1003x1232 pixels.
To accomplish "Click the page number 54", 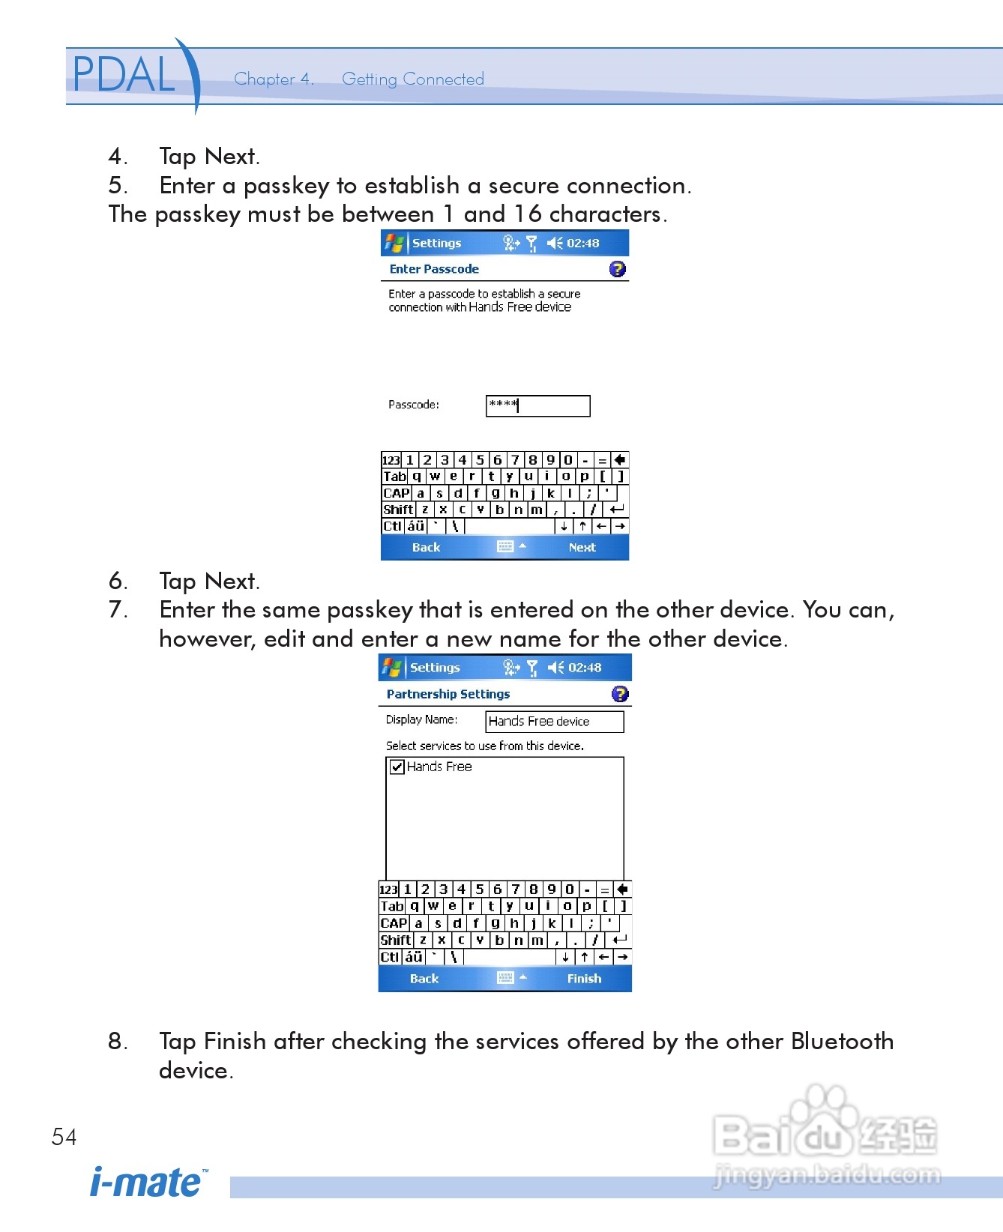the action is (64, 1137).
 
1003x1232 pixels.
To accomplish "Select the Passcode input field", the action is (537, 405).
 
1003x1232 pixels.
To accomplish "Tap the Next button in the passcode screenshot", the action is (582, 547).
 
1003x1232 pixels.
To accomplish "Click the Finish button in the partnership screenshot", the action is (584, 978).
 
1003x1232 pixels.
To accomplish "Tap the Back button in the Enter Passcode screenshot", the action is (426, 547).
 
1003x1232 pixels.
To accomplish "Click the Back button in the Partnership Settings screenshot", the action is (424, 978).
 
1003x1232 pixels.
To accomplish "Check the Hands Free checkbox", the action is (397, 767).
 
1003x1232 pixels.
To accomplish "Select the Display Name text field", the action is (555, 721).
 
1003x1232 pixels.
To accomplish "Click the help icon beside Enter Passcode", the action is (618, 269).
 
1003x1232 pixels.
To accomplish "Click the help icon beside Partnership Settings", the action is (620, 694).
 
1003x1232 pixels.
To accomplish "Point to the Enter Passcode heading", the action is (434, 269).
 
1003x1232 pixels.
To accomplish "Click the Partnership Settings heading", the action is (448, 694).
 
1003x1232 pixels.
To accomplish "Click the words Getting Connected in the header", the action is (413, 79).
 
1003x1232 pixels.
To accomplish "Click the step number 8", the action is (117, 1041).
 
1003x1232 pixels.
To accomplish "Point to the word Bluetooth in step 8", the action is (842, 1041).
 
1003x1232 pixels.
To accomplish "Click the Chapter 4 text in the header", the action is (274, 79).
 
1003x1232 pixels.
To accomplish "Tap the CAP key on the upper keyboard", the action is (396, 493).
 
